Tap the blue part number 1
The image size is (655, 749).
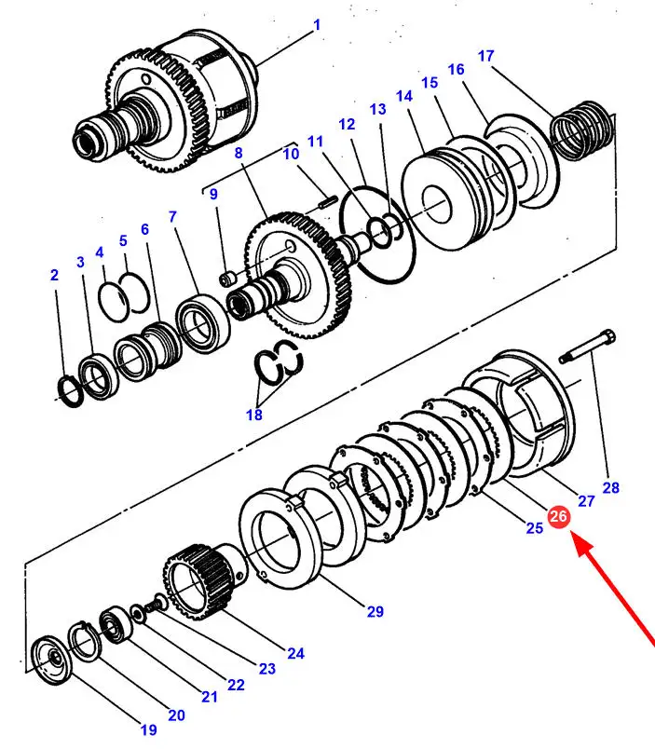click(x=316, y=25)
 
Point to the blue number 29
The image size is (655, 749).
click(x=375, y=612)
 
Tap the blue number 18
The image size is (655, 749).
click(x=254, y=415)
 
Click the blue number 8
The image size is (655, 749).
click(x=239, y=153)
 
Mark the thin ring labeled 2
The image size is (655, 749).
click(x=69, y=388)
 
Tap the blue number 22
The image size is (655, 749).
click(x=236, y=685)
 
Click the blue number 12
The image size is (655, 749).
click(x=347, y=124)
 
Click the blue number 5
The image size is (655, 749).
click(x=123, y=241)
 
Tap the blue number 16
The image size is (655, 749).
click(x=456, y=70)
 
